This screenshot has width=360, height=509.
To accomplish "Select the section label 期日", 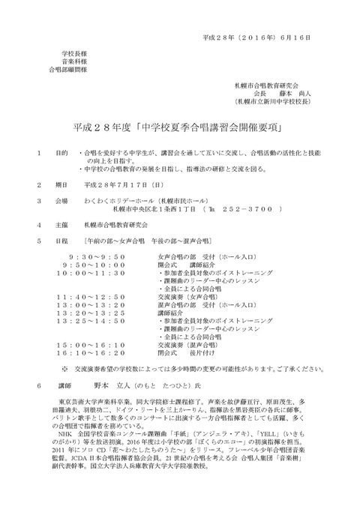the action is point(61,183).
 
